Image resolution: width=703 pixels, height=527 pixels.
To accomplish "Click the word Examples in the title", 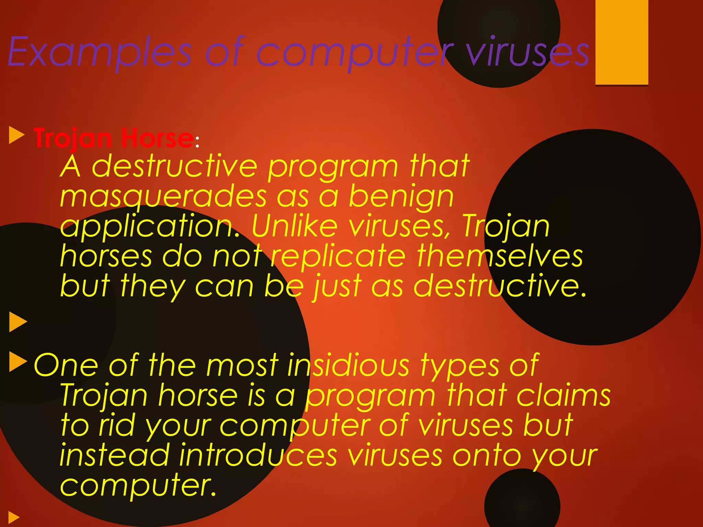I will click(100, 52).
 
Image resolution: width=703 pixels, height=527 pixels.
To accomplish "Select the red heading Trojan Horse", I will click(114, 138).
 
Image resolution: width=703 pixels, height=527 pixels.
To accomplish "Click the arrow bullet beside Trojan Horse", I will click(16, 135).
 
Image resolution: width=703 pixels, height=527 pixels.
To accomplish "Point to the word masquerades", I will click(163, 197).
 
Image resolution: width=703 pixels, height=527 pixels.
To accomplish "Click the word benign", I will click(401, 197).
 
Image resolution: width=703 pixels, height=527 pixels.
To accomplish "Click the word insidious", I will click(348, 365).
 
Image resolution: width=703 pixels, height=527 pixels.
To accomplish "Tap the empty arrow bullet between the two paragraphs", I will click(18, 322).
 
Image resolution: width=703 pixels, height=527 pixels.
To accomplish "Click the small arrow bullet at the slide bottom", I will click(14, 517).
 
